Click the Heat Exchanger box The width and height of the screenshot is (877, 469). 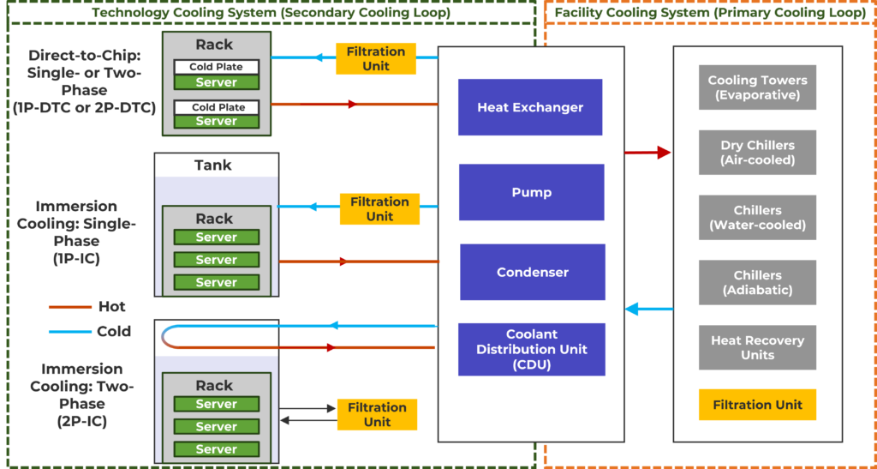pyautogui.click(x=530, y=107)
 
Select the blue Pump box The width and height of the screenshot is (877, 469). pyautogui.click(x=531, y=192)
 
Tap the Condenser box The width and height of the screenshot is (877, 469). pyautogui.click(x=532, y=273)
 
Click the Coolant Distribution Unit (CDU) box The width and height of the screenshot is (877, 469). pyautogui.click(x=532, y=349)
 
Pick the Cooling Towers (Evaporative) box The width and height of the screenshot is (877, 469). pyautogui.click(x=757, y=87)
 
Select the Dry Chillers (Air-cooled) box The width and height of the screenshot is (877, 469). pyautogui.click(x=757, y=153)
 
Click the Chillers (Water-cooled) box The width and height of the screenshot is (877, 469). pyautogui.click(x=757, y=218)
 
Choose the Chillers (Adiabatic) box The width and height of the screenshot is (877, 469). pyautogui.click(x=757, y=283)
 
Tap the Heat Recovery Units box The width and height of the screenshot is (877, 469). pyautogui.click(x=757, y=347)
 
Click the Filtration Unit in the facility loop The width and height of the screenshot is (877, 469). pyautogui.click(x=757, y=405)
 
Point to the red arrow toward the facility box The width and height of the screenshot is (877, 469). pyautogui.click(x=647, y=153)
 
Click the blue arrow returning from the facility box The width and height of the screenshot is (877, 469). pyautogui.click(x=647, y=309)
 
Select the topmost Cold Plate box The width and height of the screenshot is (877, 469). pyautogui.click(x=217, y=67)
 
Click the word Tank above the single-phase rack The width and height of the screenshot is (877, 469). pyautogui.click(x=213, y=165)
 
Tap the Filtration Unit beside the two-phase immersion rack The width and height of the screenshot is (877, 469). pyautogui.click(x=377, y=414)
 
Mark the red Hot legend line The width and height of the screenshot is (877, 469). pyautogui.click(x=69, y=306)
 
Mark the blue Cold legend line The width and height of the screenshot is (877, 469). pyautogui.click(x=69, y=331)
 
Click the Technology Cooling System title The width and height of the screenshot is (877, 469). pyautogui.click(x=271, y=13)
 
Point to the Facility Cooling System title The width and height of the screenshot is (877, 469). pyautogui.click(x=710, y=13)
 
